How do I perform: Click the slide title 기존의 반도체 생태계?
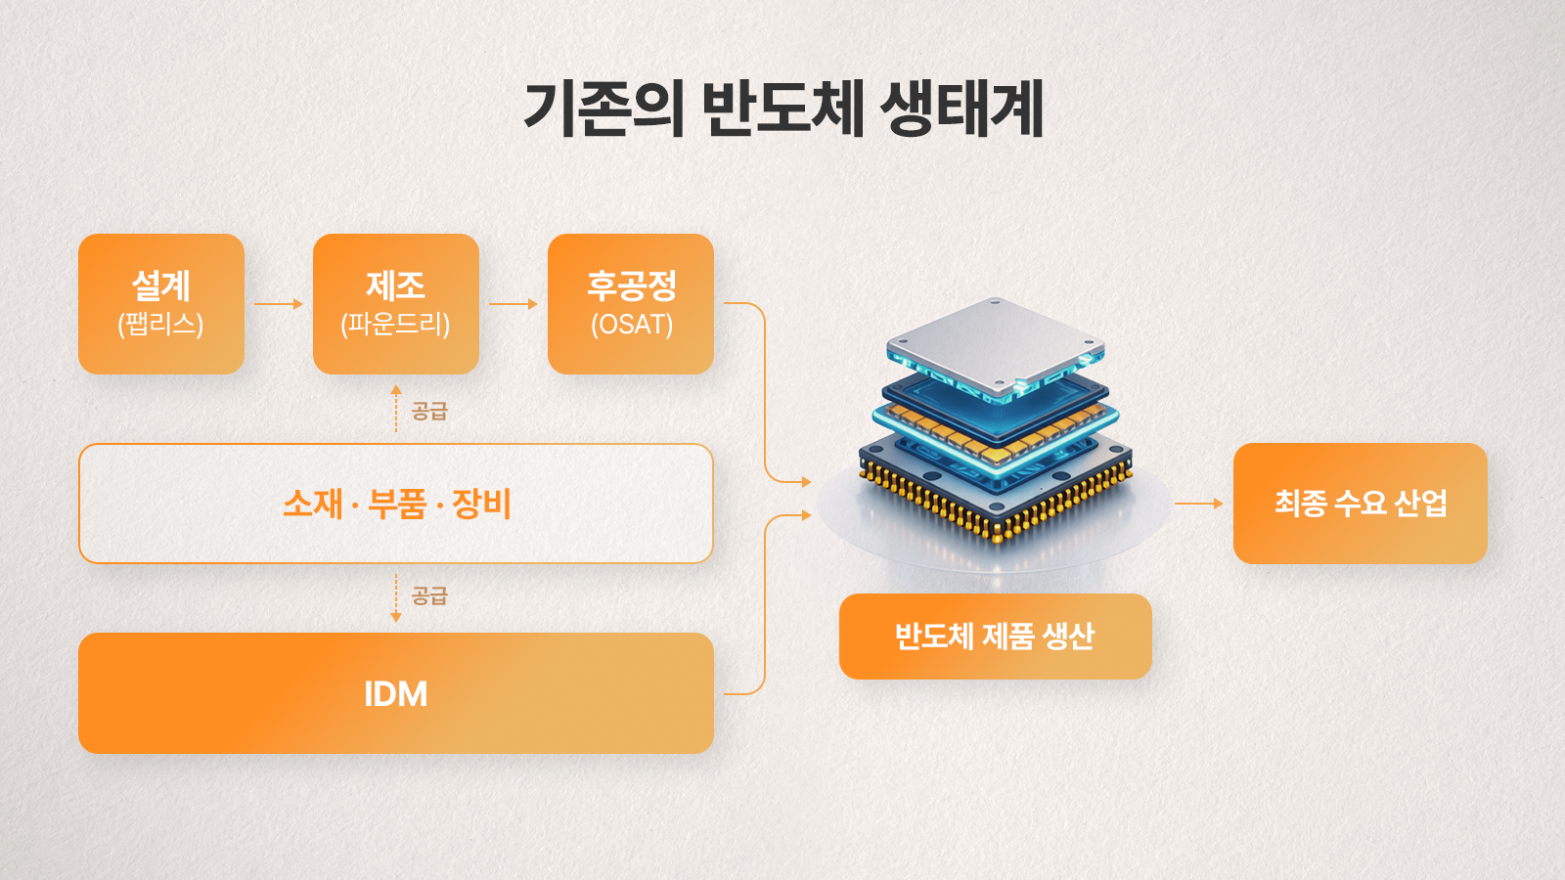tap(783, 109)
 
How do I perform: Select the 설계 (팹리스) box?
tap(161, 304)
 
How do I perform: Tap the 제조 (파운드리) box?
tap(396, 304)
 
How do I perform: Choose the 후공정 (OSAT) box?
tap(631, 304)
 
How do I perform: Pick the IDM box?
tap(396, 693)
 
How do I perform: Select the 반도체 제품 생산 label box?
tap(995, 637)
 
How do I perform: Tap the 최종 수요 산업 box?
tap(1360, 504)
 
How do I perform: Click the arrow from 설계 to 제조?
tap(279, 304)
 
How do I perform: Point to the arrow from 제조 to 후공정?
tap(514, 304)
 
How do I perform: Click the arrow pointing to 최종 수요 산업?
tap(1198, 504)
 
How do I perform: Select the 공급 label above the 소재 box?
tap(429, 411)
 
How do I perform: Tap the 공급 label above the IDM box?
tap(429, 595)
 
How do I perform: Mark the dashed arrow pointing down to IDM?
tap(396, 598)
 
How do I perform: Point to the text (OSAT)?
tap(632, 325)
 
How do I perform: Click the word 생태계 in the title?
tap(962, 109)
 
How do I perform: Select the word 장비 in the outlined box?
tap(482, 504)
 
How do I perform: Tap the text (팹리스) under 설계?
tap(161, 325)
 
